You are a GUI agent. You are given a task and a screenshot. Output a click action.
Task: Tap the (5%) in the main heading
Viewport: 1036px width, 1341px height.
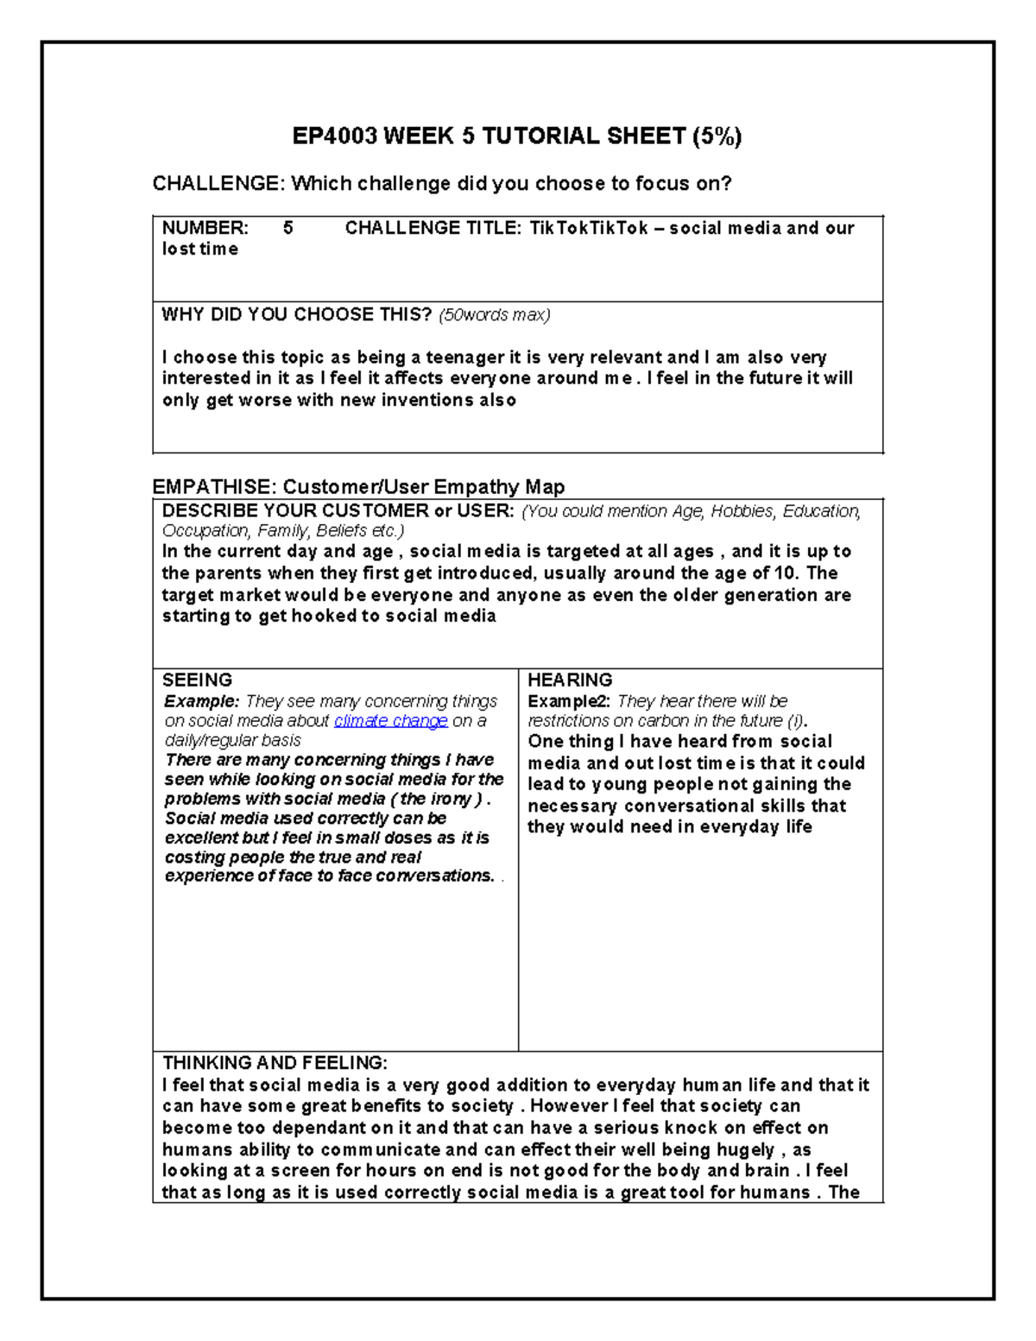716,136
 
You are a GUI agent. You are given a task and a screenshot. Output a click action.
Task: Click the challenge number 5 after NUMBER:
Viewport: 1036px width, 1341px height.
288,228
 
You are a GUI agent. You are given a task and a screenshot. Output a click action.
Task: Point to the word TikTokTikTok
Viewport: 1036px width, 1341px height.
588,228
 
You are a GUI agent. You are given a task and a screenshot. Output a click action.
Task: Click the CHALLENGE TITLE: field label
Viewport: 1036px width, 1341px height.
433,228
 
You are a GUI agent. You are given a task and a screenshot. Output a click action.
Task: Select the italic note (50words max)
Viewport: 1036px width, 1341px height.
495,315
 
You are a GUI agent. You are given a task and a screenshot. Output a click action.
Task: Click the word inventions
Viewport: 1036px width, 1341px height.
427,400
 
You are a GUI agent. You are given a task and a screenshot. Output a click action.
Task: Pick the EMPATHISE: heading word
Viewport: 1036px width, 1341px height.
213,487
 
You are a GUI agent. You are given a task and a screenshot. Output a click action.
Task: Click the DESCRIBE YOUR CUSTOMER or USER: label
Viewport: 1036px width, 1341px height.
338,510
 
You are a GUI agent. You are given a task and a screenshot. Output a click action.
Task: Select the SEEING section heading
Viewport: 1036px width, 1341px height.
198,680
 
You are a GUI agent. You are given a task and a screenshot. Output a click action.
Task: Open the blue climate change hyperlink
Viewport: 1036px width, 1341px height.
390,721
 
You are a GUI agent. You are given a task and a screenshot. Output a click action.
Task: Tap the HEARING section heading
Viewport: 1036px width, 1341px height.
570,680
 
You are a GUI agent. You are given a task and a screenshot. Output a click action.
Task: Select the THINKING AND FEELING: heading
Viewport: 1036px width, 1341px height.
275,1063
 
